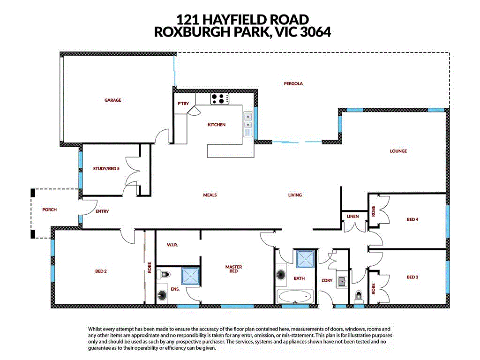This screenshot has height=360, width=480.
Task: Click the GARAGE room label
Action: click(x=112, y=100)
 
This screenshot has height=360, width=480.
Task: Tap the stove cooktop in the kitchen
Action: click(x=219, y=99)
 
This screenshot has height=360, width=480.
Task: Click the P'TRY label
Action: click(x=182, y=104)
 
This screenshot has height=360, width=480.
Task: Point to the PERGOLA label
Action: click(x=293, y=83)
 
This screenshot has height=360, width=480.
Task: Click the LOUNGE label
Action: click(x=398, y=151)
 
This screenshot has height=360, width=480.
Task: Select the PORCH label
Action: click(x=49, y=210)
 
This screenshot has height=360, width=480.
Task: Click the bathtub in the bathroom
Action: click(x=295, y=297)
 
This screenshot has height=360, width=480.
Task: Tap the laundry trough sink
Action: click(x=342, y=282)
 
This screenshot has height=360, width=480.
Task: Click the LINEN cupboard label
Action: click(x=353, y=217)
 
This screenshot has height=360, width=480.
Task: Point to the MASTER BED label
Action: click(x=233, y=269)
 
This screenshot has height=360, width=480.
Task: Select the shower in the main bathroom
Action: click(x=306, y=259)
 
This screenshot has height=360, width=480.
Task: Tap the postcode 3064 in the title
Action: click(x=312, y=32)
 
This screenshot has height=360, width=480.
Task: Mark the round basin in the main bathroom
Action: click(x=282, y=275)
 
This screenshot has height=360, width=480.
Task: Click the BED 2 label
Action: click(x=101, y=271)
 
